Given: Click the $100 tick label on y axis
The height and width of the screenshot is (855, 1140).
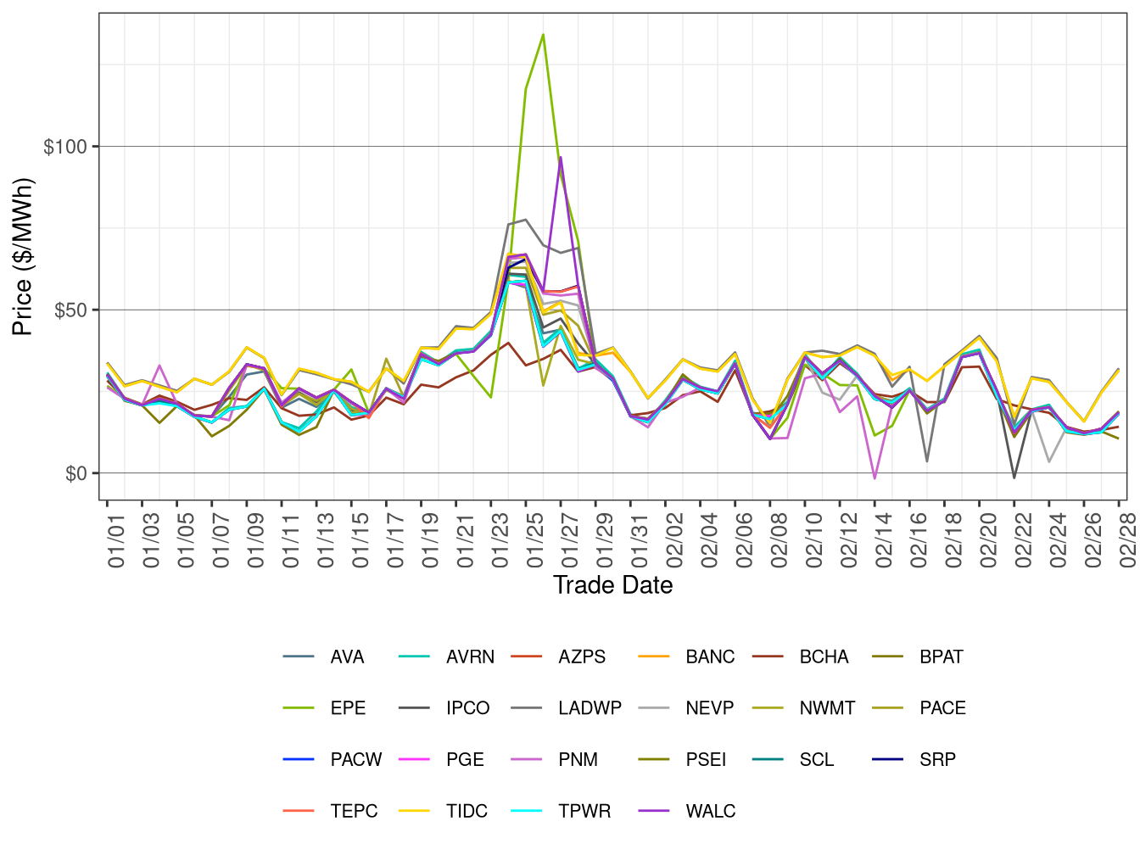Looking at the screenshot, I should click(x=65, y=147).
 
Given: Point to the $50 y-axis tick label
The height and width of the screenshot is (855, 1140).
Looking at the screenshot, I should click(x=70, y=310).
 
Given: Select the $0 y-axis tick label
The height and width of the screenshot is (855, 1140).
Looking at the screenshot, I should click(x=75, y=474).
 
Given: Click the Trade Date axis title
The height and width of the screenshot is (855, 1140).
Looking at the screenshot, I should click(x=612, y=585).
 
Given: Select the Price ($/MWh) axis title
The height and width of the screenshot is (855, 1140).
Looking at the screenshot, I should click(x=23, y=256).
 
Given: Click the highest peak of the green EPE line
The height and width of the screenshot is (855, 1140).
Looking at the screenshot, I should click(x=543, y=35).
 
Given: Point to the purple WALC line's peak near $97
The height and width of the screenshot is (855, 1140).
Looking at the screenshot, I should click(x=561, y=157).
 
